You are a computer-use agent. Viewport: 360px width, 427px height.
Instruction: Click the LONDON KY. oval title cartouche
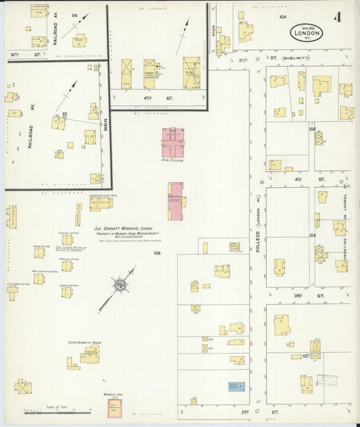point(307,32)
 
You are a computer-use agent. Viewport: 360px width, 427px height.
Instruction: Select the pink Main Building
point(173,143)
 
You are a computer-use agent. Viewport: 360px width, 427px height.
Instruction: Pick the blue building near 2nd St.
point(236,387)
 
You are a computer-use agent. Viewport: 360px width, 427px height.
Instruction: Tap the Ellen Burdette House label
point(84,343)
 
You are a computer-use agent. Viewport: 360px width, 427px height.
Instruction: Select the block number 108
point(157,253)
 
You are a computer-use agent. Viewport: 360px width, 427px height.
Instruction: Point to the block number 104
point(282,16)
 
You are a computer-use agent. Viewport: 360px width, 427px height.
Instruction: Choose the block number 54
point(74,15)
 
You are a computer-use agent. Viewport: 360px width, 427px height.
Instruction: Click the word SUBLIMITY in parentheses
point(296,58)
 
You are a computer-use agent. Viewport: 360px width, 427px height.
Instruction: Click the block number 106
point(312,235)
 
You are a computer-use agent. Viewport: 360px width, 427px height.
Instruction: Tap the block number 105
point(312,128)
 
